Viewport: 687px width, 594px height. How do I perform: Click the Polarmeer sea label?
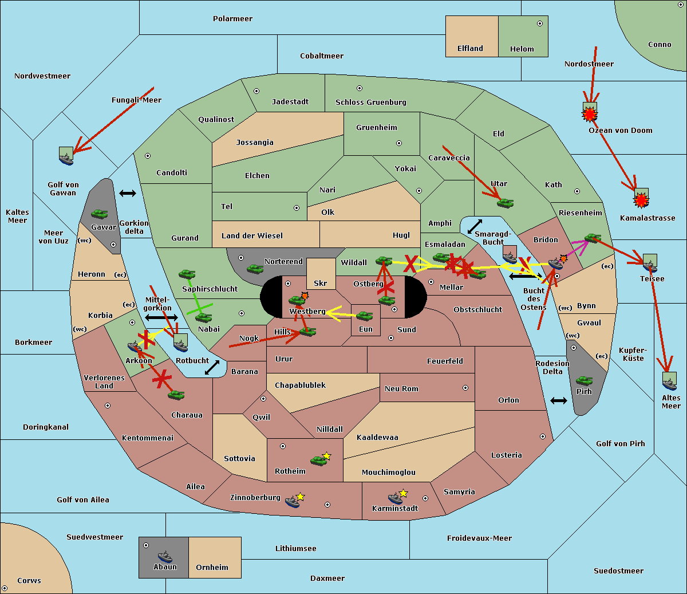pos(232,19)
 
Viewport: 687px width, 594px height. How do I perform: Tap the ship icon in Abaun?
pos(165,556)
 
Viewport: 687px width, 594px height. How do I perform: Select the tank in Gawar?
pos(100,214)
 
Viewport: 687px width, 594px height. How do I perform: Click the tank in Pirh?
pos(584,381)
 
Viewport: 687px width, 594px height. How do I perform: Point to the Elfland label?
pos(470,49)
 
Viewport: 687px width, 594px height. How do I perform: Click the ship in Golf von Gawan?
pos(66,156)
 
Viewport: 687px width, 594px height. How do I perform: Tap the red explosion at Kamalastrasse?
pos(641,199)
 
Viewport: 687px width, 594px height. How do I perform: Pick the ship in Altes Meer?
pos(669,381)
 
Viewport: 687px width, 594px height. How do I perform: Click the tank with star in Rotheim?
pos(319,459)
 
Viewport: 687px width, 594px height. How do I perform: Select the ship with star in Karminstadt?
pos(397,497)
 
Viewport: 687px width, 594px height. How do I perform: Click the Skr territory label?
pos(321,283)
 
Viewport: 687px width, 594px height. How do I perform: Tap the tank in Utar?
pos(504,202)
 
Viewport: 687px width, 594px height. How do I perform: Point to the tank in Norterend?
pos(255,269)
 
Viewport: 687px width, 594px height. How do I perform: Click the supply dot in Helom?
pos(539,23)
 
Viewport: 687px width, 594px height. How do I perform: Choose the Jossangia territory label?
pos(255,143)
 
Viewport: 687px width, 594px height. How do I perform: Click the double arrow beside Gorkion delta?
pos(128,193)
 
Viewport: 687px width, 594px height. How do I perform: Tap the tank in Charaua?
pos(176,395)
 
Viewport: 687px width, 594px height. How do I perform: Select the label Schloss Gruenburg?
pos(370,103)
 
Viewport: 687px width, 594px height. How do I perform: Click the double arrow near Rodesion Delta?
pos(559,400)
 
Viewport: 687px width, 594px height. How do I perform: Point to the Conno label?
pos(660,45)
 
